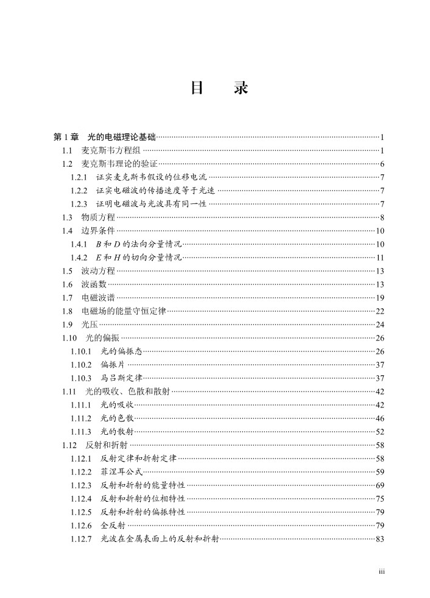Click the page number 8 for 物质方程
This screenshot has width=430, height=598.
[381, 217]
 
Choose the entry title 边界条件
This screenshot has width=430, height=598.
[98, 231]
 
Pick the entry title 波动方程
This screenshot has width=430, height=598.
[98, 271]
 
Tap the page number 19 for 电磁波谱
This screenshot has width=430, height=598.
[379, 298]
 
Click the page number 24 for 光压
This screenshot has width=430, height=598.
[379, 325]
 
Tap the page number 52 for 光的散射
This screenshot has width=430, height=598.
[379, 432]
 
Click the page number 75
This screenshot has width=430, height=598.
[379, 499]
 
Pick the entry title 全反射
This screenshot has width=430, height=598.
[113, 526]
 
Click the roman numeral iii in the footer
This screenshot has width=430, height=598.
[381, 571]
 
